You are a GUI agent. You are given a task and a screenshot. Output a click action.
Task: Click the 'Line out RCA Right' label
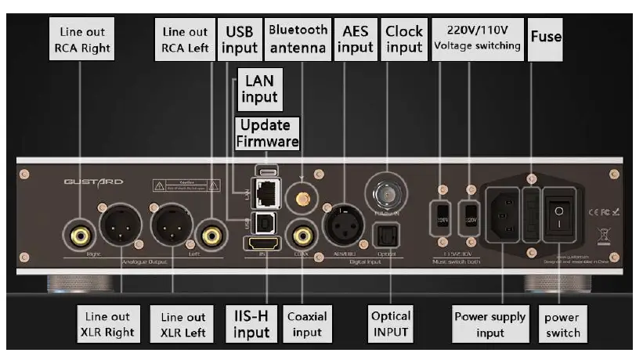pos(82,40)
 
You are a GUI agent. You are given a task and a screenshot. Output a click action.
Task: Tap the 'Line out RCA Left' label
pos(186,40)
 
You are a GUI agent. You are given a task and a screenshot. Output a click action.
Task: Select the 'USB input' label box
pos(240,39)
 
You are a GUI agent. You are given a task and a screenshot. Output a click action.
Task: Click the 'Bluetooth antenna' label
pos(298,38)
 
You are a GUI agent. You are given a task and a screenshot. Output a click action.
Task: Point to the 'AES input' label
pos(355,39)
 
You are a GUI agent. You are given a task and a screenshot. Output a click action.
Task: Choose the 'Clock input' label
pos(404,39)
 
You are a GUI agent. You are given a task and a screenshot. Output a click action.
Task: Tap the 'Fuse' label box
pos(546,36)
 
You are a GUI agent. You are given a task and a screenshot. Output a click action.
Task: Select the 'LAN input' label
pos(260,88)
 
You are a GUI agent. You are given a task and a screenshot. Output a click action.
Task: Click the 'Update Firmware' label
pos(266,133)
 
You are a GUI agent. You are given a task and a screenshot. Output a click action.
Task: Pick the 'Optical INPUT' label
pos(390,324)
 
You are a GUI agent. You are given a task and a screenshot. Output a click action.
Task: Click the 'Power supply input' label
pos(490,324)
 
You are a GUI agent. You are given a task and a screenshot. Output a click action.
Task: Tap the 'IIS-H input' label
pos(251,324)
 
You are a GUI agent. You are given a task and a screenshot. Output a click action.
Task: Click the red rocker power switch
pos(557,212)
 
